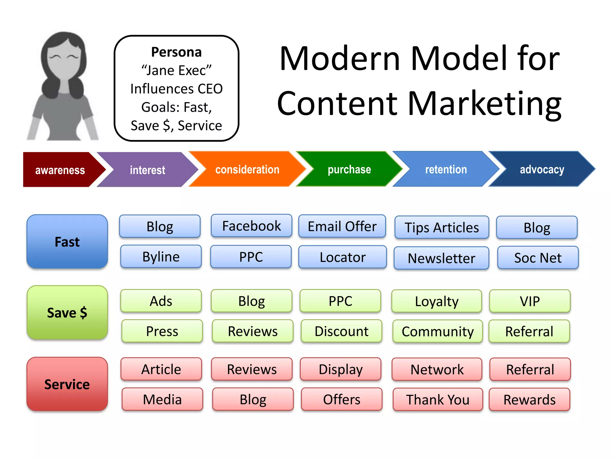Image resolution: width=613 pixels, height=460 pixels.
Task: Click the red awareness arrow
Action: click(60, 170)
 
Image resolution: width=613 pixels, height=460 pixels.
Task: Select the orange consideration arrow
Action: click(247, 170)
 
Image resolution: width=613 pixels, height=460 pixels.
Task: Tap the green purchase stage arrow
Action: click(349, 170)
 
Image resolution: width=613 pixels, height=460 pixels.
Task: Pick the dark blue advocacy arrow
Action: click(542, 170)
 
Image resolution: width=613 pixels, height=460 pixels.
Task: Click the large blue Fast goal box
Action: click(67, 242)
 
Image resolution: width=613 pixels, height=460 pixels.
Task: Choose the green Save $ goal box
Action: click(67, 313)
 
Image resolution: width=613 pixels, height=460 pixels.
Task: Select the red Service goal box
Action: click(67, 384)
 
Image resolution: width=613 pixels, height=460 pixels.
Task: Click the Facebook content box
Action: click(251, 226)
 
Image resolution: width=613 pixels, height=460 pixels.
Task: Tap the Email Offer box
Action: click(342, 226)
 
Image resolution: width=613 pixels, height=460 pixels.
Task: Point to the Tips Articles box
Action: click(442, 228)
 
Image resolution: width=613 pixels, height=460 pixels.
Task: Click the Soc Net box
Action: click(538, 258)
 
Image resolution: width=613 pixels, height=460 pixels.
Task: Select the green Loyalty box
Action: click(437, 301)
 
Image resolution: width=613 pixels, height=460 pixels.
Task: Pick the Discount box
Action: click(342, 331)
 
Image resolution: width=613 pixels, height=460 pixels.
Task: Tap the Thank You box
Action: click(438, 400)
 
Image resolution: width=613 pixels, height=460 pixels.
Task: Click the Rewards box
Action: click(529, 400)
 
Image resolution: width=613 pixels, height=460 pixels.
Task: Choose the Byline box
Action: click(161, 257)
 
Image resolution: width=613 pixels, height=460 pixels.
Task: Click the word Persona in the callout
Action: click(176, 52)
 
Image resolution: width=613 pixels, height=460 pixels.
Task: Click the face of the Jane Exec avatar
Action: click(64, 61)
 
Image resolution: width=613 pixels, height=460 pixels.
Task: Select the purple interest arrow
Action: click(147, 170)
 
